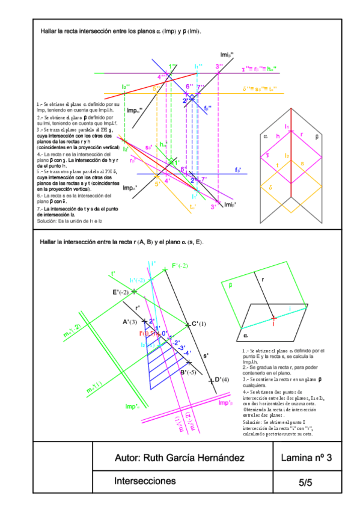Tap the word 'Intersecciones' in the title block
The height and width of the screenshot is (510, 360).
(x=145, y=481)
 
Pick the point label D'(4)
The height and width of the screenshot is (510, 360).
(x=222, y=379)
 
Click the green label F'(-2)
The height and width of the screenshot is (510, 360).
(x=180, y=266)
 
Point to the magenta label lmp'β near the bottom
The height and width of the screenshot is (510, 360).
(x=225, y=402)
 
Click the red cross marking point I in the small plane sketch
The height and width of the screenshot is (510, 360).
(x=273, y=317)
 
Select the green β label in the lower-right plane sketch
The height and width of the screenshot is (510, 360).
(x=230, y=286)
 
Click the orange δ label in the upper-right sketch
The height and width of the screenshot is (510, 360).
(x=271, y=187)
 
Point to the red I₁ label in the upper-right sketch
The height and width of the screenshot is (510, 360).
(x=287, y=126)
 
